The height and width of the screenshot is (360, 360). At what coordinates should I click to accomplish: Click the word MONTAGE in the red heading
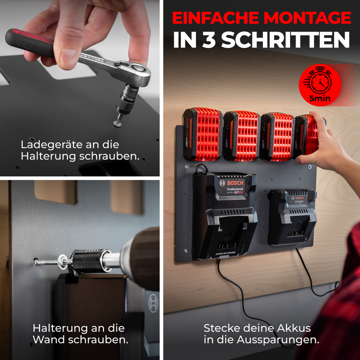click(x=307, y=17)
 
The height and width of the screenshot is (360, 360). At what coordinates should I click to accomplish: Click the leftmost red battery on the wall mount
click(x=202, y=134)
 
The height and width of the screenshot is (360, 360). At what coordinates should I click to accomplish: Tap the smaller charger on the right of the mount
click(x=292, y=217)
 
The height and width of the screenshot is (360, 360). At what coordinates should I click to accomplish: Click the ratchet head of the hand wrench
click(x=133, y=70)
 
